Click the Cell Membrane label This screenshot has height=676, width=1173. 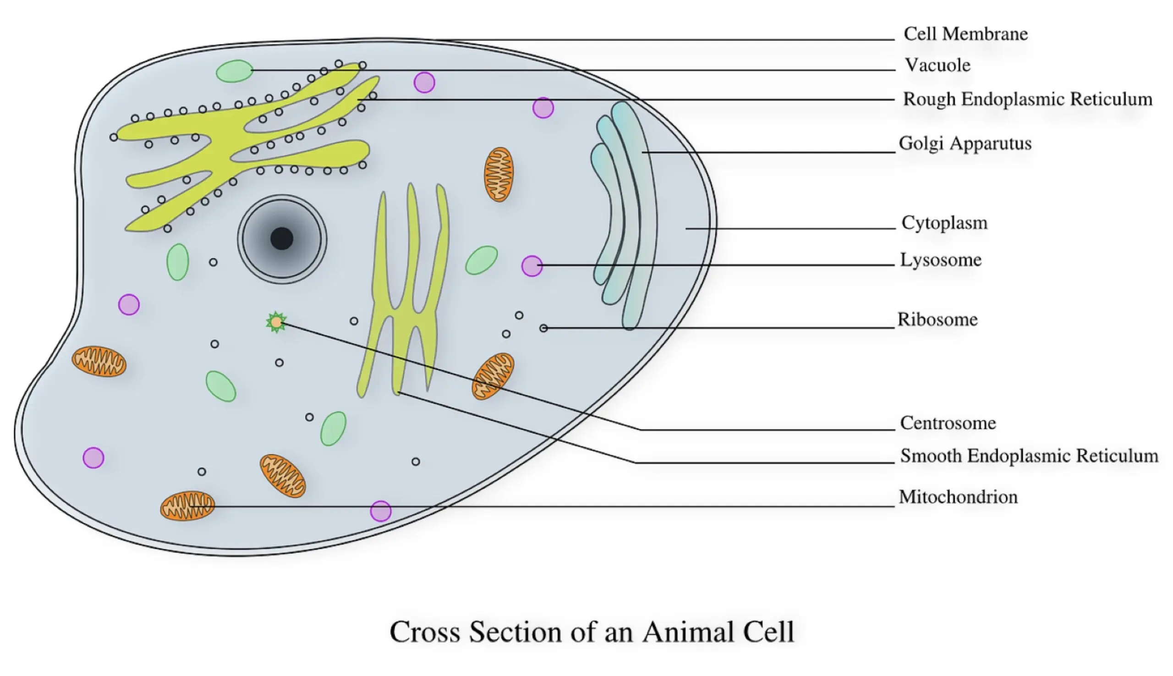pos(965,34)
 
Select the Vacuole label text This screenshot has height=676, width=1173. pos(937,65)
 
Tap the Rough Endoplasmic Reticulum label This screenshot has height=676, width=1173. pos(1027,99)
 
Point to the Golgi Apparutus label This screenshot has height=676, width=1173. pos(965,143)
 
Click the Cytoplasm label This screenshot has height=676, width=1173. pos(944,223)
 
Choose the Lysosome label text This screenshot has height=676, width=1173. pos(940,259)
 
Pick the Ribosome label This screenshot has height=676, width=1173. pos(937,319)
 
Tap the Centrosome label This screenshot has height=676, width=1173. pos(948,423)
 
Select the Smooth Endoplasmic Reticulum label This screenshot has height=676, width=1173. pos(1029,456)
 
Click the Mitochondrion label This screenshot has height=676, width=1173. pos(958,497)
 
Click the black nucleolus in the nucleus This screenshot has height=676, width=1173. pos(282,239)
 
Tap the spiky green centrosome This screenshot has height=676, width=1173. pos(276,322)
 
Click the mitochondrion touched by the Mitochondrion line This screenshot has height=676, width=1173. pos(187,506)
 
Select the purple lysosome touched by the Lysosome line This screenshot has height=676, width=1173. pos(532,266)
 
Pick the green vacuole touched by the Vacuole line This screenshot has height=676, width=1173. pos(235,71)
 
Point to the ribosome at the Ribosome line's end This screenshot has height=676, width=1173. pos(543,328)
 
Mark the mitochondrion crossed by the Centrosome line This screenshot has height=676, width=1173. pos(493,376)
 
